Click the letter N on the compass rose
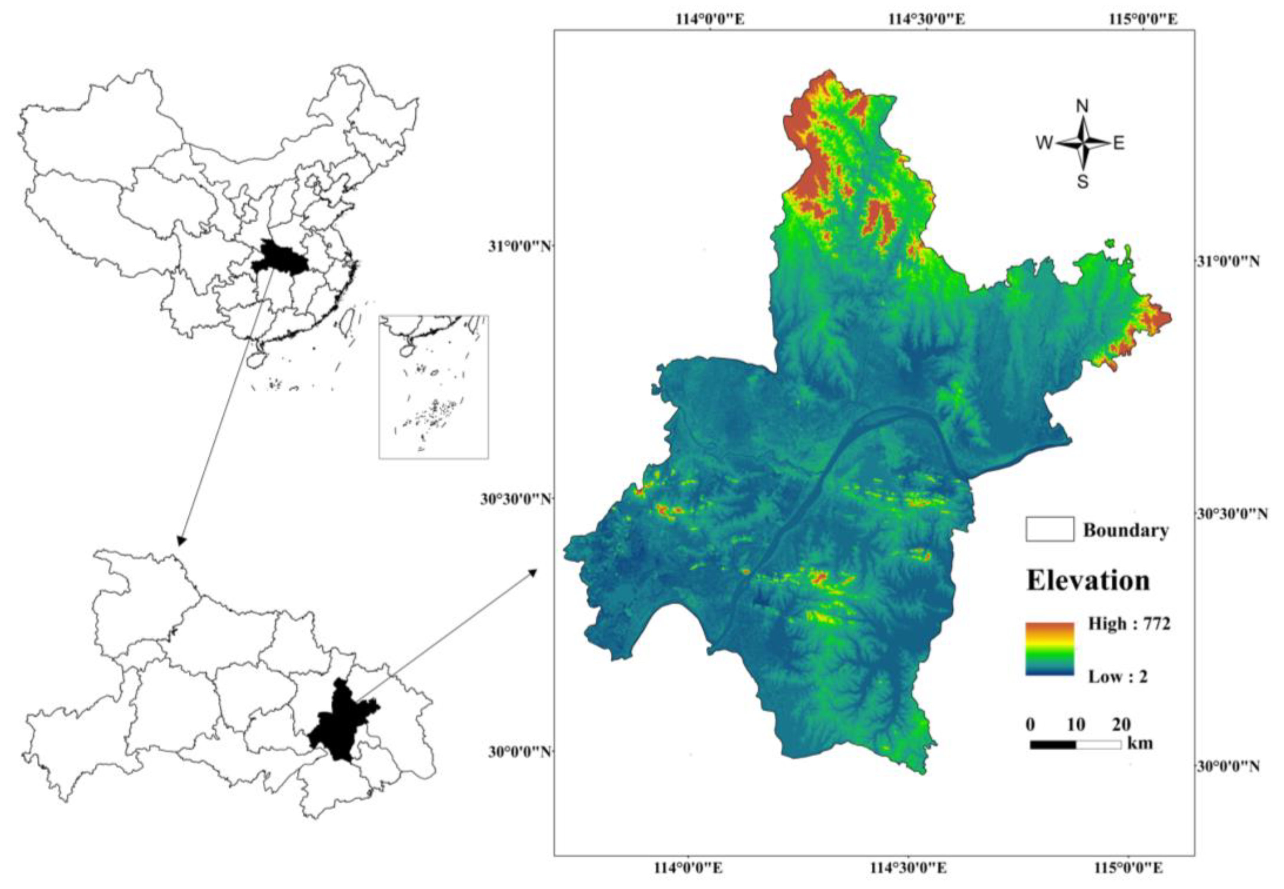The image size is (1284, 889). (1082, 106)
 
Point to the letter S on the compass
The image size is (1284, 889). (1082, 182)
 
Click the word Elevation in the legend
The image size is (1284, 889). (1088, 581)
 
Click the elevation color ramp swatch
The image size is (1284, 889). (1049, 649)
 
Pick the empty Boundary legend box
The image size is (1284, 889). (1049, 529)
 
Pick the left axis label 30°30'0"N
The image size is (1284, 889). (515, 499)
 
